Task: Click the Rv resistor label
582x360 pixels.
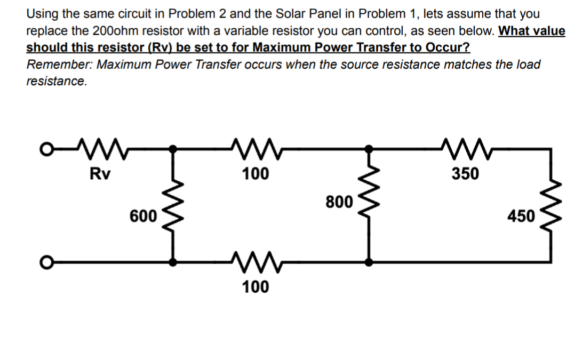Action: (x=97, y=173)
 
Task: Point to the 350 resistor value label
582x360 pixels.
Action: (x=466, y=173)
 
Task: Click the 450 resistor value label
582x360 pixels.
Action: (x=520, y=216)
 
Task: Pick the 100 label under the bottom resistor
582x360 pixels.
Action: (x=256, y=287)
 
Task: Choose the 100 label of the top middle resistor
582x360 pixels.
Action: (x=256, y=173)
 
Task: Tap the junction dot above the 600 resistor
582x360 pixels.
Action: (x=172, y=150)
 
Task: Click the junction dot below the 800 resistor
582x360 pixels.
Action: (x=368, y=262)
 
